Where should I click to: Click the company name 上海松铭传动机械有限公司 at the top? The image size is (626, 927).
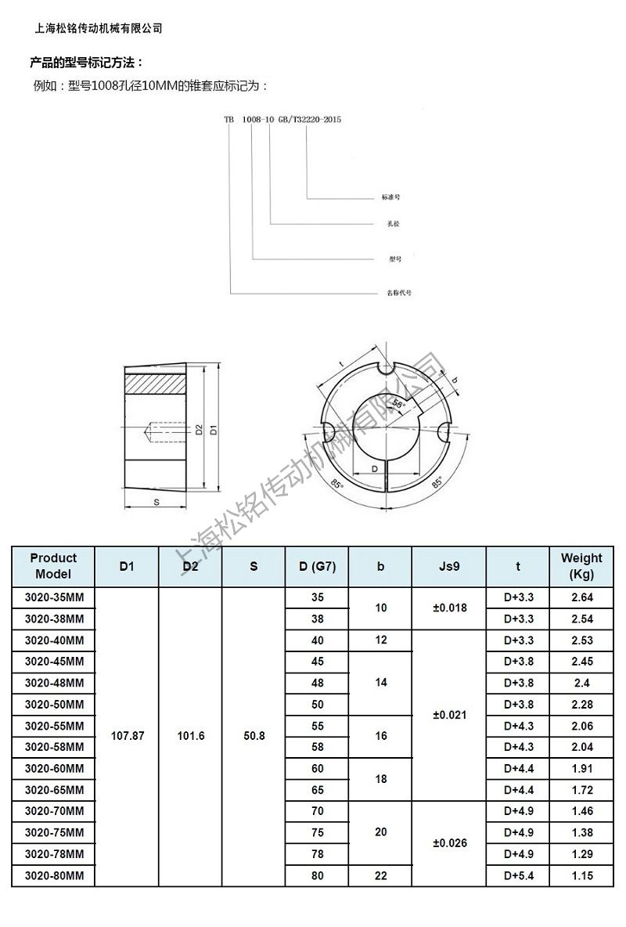click(x=99, y=27)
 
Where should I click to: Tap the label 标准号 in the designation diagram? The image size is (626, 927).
click(x=390, y=197)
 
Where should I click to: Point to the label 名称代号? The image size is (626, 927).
click(x=400, y=292)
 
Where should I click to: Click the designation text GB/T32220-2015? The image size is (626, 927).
click(x=310, y=120)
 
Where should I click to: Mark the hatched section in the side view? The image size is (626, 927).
click(x=153, y=384)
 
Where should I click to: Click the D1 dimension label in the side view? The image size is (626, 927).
click(x=213, y=429)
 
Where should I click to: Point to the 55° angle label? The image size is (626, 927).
click(x=398, y=404)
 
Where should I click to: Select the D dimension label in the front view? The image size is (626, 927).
click(x=375, y=467)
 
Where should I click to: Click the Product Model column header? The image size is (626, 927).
click(x=53, y=565)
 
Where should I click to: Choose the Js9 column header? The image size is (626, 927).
click(x=450, y=566)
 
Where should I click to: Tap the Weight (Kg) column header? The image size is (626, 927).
click(x=581, y=565)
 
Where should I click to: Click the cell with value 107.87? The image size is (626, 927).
click(x=128, y=737)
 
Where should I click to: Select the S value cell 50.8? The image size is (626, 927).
click(x=254, y=737)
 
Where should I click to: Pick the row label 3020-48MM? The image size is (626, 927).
click(x=53, y=683)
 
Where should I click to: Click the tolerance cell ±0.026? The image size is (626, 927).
click(x=450, y=843)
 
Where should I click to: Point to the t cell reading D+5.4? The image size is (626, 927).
click(x=518, y=876)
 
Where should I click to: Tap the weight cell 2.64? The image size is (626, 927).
click(x=581, y=597)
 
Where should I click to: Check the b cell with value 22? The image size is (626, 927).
click(x=380, y=876)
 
